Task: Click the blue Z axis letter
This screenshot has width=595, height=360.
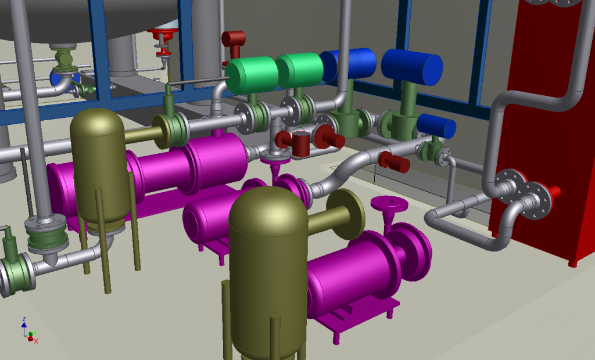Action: (x=24, y=320)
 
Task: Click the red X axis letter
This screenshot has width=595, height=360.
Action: (x=36, y=341)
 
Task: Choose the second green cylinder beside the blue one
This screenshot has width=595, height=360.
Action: (x=300, y=70)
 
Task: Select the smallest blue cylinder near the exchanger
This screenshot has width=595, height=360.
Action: (x=436, y=125)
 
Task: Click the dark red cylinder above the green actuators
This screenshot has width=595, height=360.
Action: (x=234, y=39)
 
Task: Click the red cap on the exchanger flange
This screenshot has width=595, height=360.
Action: (x=554, y=192)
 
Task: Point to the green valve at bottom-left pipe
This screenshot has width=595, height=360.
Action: (x=16, y=273)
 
